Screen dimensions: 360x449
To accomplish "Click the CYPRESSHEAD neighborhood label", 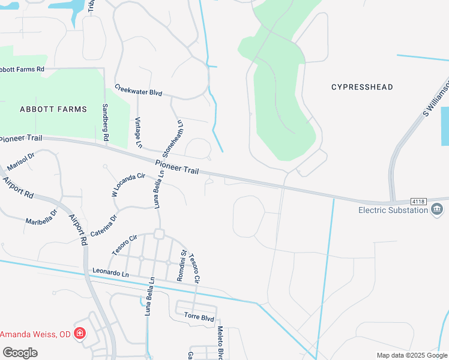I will tap(362, 87).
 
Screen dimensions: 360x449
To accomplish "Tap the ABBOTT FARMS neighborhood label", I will tap(53, 109).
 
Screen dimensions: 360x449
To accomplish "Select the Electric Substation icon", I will tap(437, 209).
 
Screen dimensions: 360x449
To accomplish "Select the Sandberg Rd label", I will tap(106, 122).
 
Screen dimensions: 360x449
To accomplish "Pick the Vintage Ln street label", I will tap(138, 133).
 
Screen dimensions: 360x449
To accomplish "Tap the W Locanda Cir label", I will tap(129, 184).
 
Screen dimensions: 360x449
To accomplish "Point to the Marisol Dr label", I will tap(21, 160).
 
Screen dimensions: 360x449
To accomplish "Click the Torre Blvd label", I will tap(199, 316).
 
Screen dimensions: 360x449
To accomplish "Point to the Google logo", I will tap(20, 352).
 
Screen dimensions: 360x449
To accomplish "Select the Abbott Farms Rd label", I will tap(22, 70).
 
